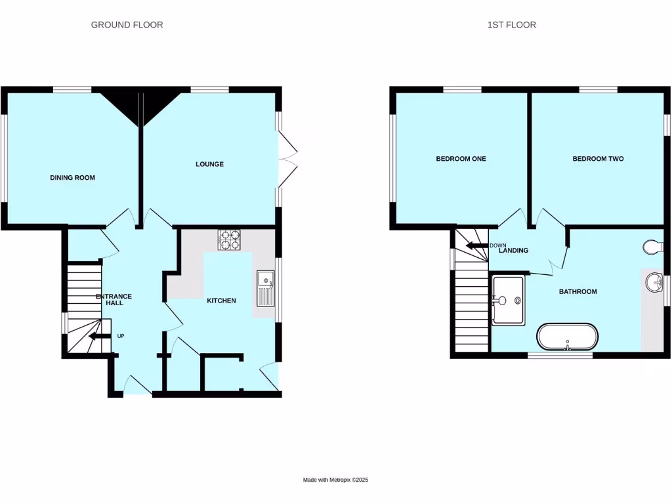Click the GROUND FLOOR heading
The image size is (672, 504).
coord(127,25)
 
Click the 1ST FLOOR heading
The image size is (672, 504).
coord(511,25)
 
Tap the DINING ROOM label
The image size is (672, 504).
coord(73,178)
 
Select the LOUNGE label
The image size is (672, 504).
coord(209,164)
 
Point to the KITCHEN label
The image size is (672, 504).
coord(221,301)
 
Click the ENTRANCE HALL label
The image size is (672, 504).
coord(110,299)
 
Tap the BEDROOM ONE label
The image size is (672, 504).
coord(461,159)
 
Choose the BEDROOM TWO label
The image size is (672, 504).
coord(598,159)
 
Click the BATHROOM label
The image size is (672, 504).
coord(577,291)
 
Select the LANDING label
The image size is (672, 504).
coord(514,251)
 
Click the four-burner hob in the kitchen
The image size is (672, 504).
coord(229,240)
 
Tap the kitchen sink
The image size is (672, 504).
coord(266,289)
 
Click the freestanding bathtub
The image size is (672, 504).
coord(568,337)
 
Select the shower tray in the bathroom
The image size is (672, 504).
coord(508,301)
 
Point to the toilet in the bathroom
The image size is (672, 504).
coord(654,247)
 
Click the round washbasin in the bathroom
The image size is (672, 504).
coord(654,283)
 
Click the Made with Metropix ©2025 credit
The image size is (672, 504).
coord(335,480)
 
